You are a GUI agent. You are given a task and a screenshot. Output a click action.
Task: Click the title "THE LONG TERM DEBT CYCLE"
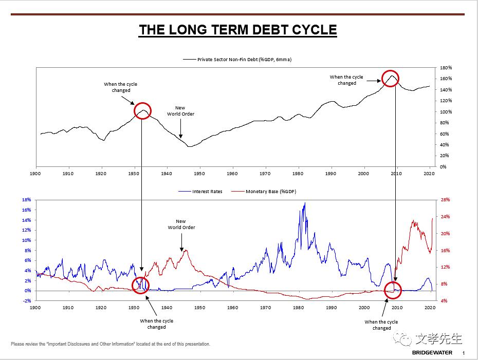pos(237,30)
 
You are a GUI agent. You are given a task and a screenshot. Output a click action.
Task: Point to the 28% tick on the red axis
pos(446,200)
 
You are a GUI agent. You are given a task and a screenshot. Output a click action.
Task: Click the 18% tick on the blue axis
pos(27,200)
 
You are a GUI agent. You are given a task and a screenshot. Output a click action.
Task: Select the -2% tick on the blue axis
pos(27,301)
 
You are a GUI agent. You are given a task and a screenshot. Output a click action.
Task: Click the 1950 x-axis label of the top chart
pos(199,174)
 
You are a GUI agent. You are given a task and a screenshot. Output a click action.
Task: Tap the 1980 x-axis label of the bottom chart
pos(298,308)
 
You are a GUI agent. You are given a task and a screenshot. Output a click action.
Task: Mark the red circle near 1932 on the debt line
pos(142,110)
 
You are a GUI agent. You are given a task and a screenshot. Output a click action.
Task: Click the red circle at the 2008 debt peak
pos(391,79)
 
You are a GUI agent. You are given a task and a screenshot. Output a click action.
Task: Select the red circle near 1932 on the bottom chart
pos(140,285)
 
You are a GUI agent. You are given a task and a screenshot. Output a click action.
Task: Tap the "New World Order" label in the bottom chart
pos(181,224)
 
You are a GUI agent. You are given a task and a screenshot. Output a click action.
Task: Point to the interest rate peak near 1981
pos(304,203)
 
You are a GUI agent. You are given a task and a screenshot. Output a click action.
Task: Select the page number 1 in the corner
pos(464,353)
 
